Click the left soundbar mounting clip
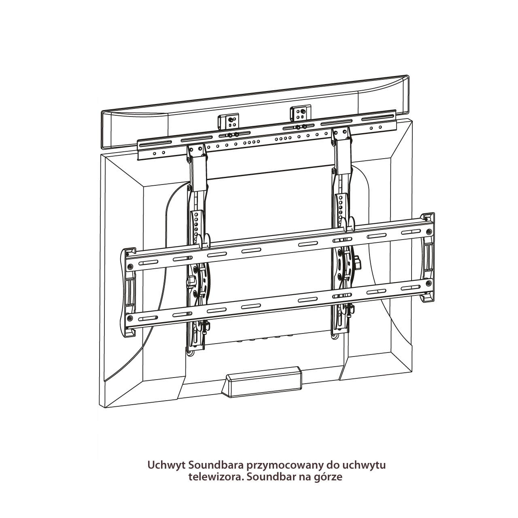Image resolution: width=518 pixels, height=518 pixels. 228,121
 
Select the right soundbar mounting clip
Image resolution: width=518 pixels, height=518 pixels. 300,113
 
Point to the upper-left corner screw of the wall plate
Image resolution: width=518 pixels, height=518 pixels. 130,266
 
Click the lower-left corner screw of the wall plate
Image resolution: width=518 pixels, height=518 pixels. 130,318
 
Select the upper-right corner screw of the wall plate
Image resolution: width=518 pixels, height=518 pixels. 429,231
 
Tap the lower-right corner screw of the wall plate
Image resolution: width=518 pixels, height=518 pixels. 429,283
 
